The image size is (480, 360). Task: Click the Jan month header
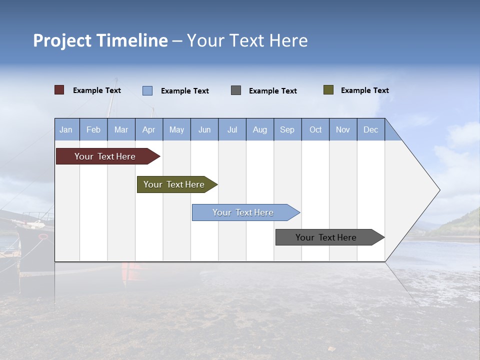66,129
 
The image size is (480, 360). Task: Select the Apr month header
148,129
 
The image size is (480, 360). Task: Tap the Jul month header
232,129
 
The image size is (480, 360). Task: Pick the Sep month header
287,129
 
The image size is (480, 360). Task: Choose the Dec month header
370,129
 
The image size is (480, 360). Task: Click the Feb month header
93,129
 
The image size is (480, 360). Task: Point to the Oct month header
315,129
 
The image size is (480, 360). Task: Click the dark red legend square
59,90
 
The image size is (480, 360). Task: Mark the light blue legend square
147,90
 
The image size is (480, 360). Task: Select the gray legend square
236,90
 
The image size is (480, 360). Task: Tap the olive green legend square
328,90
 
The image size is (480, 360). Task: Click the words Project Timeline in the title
100,40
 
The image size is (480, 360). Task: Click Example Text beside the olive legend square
364,90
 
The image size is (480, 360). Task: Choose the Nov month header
343,129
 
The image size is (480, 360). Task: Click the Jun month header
204,129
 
